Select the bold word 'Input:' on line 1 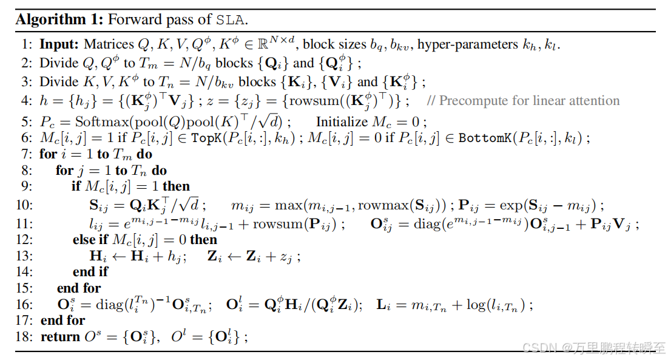[59, 44]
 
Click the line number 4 [27, 101]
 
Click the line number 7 [27, 154]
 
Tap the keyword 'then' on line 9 [177, 186]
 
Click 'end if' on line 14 [91, 271]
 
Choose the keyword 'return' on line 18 [60, 337]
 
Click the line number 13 [24, 256]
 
